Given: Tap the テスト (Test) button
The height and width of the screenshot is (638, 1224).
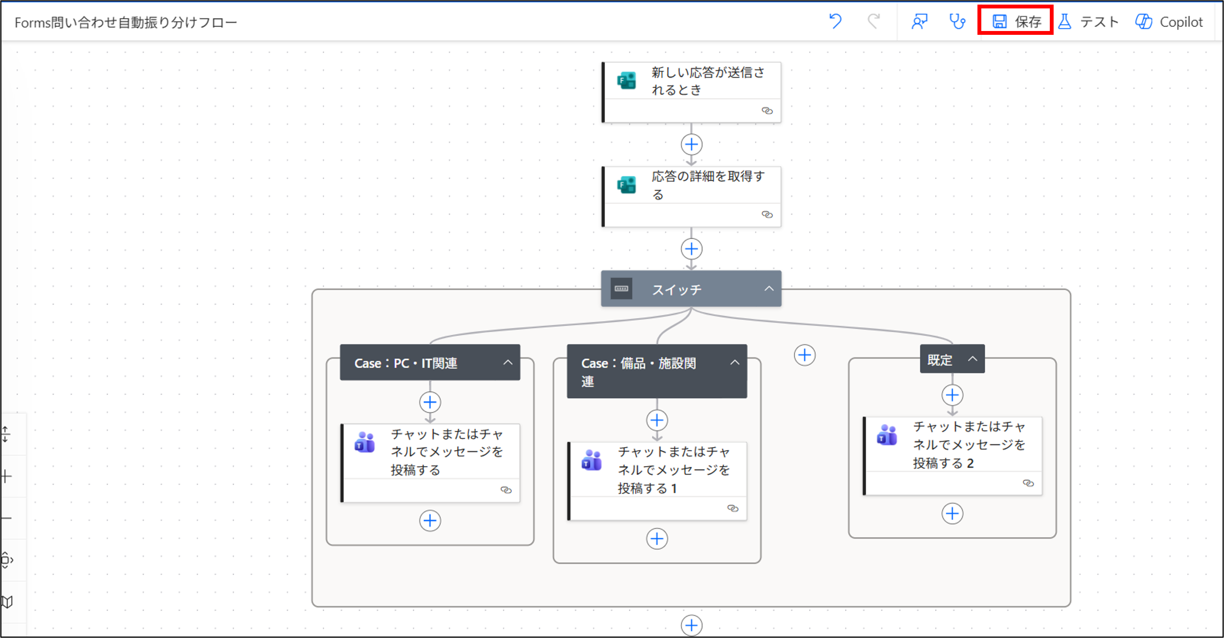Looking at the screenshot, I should tap(1088, 21).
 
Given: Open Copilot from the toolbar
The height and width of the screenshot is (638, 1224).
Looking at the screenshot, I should tap(1169, 21).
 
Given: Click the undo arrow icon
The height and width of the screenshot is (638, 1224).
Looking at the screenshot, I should tap(835, 21).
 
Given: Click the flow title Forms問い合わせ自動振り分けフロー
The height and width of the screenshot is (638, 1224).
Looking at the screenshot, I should tap(126, 22).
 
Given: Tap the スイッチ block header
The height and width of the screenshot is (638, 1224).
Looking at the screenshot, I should tap(677, 289).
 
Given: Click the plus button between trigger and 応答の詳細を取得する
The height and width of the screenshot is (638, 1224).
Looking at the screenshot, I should tap(691, 144).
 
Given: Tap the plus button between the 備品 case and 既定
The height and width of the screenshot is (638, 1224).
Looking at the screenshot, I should tap(804, 355).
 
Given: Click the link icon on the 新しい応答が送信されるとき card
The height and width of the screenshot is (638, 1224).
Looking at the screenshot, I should tap(767, 111).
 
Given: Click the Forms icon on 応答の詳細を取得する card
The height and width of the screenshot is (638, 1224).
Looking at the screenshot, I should tap(626, 184).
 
